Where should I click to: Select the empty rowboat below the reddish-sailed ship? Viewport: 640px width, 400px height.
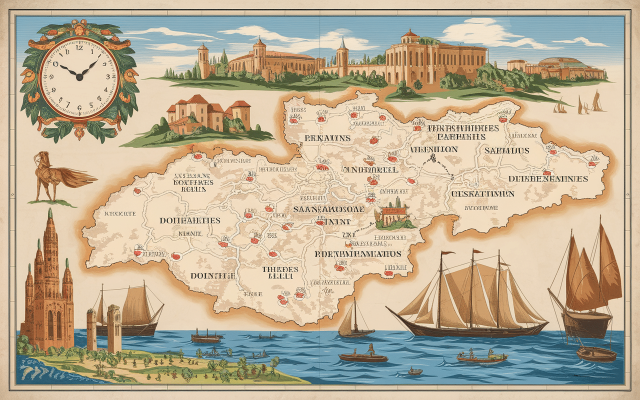coord(596,354)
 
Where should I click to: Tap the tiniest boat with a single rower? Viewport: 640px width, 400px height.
coord(415,371)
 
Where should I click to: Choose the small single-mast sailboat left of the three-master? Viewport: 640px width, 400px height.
coord(355,322)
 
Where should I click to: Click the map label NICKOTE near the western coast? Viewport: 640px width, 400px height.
coord(120,213)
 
